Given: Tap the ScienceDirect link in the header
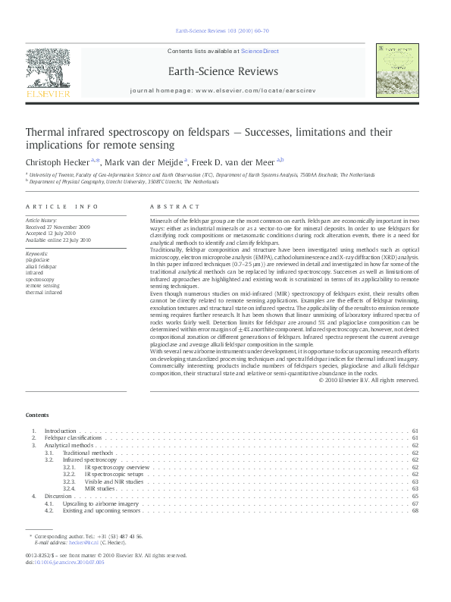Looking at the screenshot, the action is pos(260,52).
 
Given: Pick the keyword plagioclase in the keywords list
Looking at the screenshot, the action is pos(38,259).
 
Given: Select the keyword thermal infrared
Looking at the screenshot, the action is pos(44,292).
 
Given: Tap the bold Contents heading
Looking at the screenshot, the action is pos(36,415).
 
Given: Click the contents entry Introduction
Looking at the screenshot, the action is pos(61,431).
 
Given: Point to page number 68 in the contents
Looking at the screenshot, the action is pos(415,510).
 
